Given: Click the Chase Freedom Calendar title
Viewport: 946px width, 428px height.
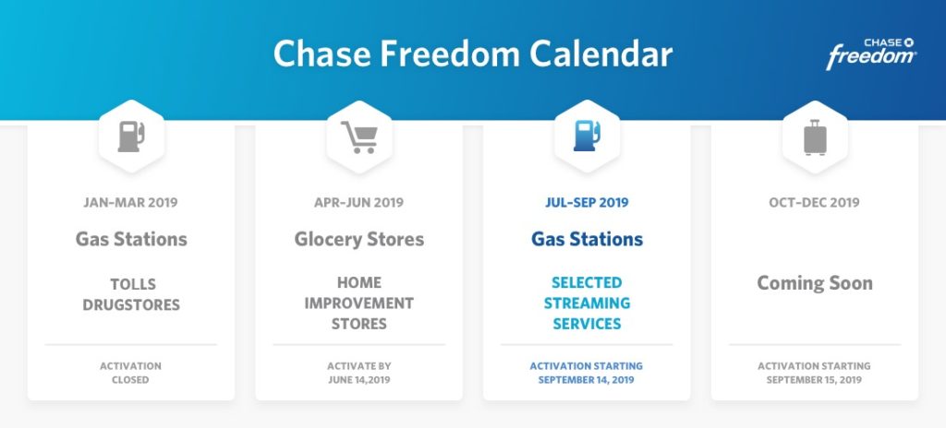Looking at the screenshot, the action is pyautogui.click(x=473, y=54).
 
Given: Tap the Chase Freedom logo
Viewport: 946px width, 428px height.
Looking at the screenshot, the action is pyautogui.click(x=871, y=53).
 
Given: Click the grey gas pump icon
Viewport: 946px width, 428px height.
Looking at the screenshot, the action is pyautogui.click(x=131, y=137).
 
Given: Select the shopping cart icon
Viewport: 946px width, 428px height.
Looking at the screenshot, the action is pyautogui.click(x=359, y=137).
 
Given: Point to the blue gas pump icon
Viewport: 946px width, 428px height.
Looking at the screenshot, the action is pyautogui.click(x=587, y=136).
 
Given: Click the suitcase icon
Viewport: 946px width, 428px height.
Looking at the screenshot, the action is pyautogui.click(x=815, y=137).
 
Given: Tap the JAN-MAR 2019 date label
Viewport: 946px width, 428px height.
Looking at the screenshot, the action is pyautogui.click(x=131, y=203).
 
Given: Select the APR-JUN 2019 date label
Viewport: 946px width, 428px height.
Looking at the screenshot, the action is pyautogui.click(x=359, y=203).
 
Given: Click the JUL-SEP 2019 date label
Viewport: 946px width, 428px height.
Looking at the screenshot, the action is pyautogui.click(x=587, y=203).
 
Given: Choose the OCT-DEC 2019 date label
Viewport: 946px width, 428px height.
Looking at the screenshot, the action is pyautogui.click(x=815, y=203).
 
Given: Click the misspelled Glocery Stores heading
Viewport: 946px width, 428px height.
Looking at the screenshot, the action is pyautogui.click(x=359, y=239).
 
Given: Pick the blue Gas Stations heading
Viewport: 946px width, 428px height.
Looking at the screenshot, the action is pyautogui.click(x=587, y=239).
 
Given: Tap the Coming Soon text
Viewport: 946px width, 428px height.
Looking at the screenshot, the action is pyautogui.click(x=815, y=283).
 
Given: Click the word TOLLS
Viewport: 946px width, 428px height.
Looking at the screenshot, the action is pyautogui.click(x=133, y=284).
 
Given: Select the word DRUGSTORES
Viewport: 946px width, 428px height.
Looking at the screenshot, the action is pyautogui.click(x=131, y=305).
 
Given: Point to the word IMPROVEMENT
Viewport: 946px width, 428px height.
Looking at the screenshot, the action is pyautogui.click(x=359, y=303).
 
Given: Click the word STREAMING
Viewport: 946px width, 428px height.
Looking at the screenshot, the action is pyautogui.click(x=587, y=303).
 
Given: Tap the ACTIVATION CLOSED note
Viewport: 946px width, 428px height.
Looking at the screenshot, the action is pyautogui.click(x=131, y=373).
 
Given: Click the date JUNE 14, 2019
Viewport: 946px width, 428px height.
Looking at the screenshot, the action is pyautogui.click(x=359, y=380).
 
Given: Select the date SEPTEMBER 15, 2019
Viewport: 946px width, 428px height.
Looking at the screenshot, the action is pyautogui.click(x=815, y=380).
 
